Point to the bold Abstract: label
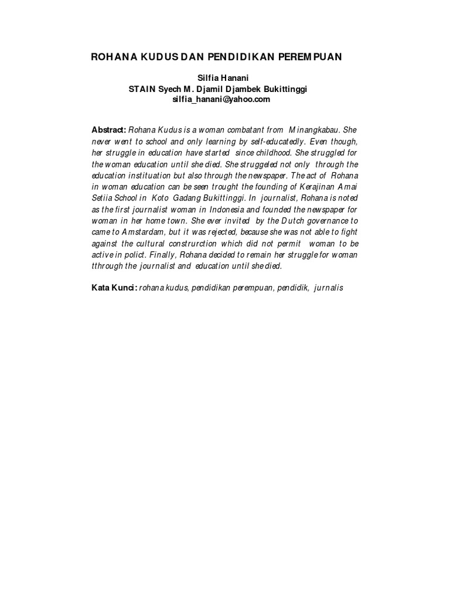109,129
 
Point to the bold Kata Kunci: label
114,288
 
